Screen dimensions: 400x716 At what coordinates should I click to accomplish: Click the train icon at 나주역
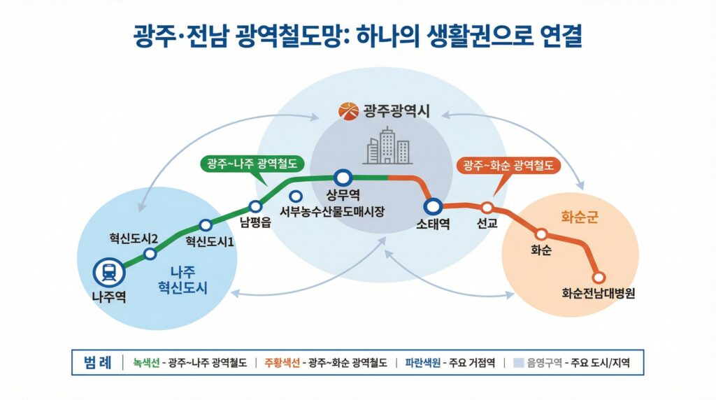pos(108,271)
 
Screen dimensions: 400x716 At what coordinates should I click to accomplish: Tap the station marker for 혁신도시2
pos(150,254)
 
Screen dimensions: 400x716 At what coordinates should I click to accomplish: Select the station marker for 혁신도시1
pos(206,225)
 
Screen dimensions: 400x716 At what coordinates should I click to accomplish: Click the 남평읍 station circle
pos(255,206)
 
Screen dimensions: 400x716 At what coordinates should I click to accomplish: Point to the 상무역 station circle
pos(342,178)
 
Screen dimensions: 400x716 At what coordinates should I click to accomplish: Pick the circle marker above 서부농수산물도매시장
pos(296,197)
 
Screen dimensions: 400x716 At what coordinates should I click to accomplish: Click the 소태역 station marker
pos(433,206)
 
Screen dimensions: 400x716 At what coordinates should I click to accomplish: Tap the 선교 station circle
pos(487,208)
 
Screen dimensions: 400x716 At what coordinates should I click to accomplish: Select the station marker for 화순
pos(540,234)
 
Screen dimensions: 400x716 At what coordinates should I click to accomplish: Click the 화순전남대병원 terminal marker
pos(598,277)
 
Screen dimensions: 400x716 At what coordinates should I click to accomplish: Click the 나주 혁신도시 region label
pos(183,280)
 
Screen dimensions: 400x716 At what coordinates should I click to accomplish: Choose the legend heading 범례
pos(98,362)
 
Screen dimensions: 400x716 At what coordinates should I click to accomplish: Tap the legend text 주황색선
pos(281,363)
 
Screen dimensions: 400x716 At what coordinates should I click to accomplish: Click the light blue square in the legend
pos(519,363)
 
